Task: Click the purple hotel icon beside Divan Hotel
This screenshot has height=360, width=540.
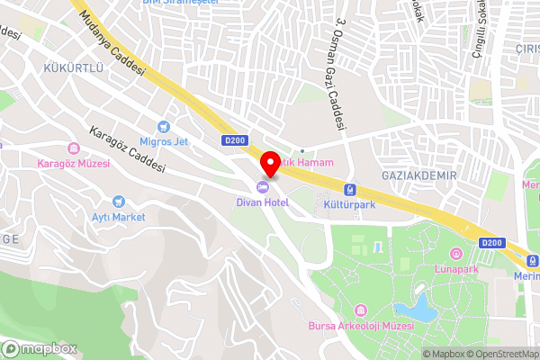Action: tap(263, 188)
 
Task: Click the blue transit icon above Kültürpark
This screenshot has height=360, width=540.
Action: tap(348, 189)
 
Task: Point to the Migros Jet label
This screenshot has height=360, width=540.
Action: tap(163, 141)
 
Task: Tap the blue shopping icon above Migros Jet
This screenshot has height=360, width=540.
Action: tap(164, 126)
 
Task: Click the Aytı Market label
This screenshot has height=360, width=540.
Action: tap(118, 217)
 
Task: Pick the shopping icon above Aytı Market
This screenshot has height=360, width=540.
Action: tap(118, 202)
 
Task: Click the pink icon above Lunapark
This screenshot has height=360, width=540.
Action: tap(455, 254)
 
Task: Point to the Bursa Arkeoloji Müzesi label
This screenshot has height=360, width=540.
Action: tap(360, 325)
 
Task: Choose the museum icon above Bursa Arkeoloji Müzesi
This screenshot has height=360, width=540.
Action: tap(360, 310)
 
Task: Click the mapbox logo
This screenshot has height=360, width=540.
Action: tap(40, 348)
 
